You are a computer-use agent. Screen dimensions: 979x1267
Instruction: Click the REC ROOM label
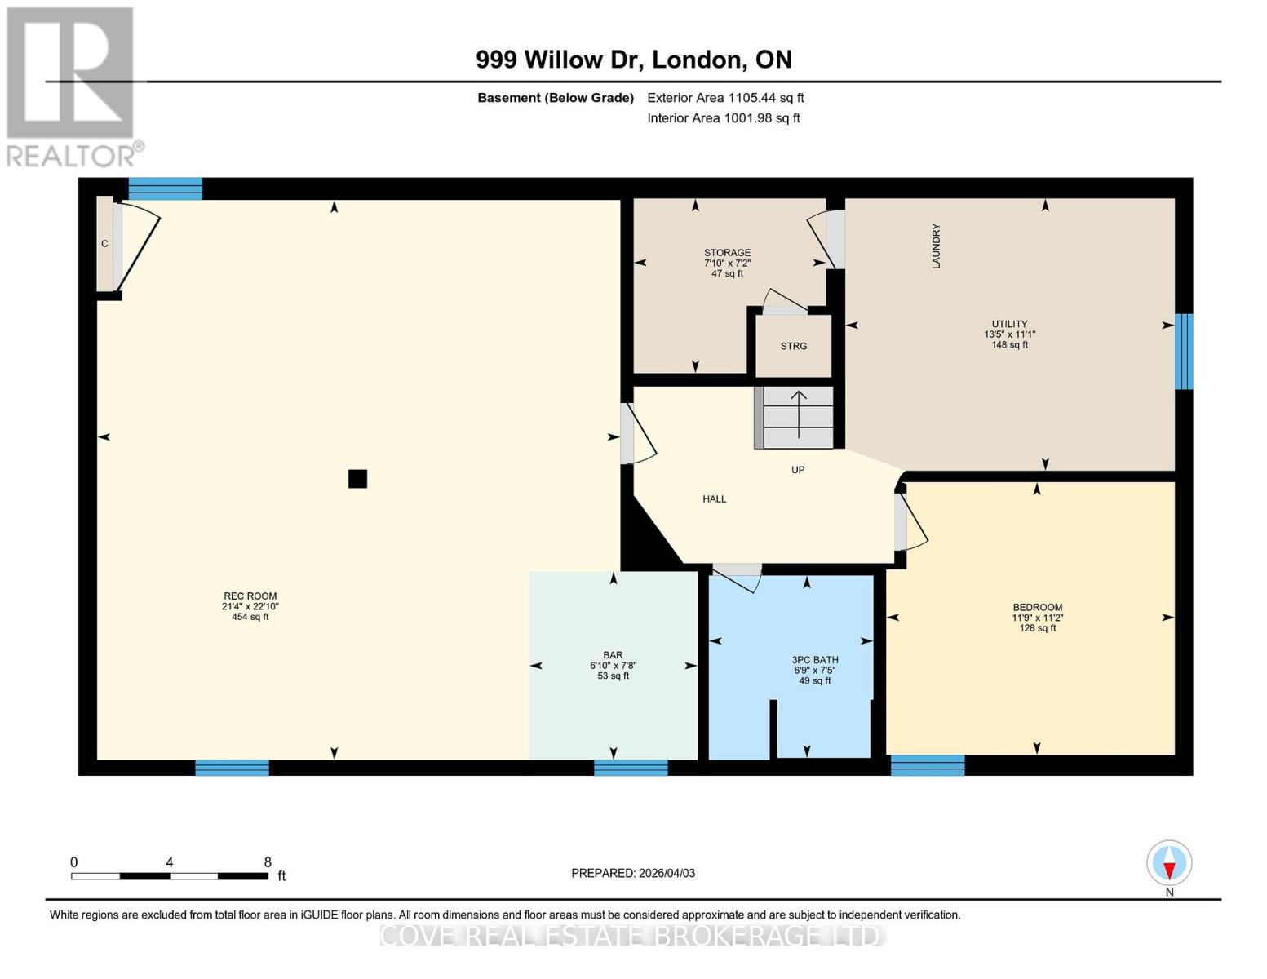pyautogui.click(x=250, y=606)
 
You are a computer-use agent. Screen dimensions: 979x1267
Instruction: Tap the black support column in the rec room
pyautogui.click(x=357, y=479)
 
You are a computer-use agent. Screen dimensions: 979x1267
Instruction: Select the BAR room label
pyautogui.click(x=613, y=665)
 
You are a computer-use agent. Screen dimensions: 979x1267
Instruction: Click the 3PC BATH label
pyautogui.click(x=814, y=670)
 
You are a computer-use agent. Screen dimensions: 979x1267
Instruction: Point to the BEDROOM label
pyautogui.click(x=1037, y=618)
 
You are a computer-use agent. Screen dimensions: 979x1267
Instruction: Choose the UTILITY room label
pyautogui.click(x=1009, y=334)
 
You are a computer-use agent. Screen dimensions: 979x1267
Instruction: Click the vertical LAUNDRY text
pyautogui.click(x=936, y=246)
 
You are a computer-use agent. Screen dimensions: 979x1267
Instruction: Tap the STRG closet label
pyautogui.click(x=793, y=346)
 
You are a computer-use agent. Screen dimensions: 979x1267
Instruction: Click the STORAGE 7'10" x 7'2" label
pyautogui.click(x=727, y=263)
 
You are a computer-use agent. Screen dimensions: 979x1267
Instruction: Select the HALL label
pyautogui.click(x=714, y=498)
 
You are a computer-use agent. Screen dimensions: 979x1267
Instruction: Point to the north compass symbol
pyautogui.click(x=1169, y=864)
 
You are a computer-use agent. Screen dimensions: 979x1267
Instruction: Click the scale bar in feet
pyautogui.click(x=170, y=876)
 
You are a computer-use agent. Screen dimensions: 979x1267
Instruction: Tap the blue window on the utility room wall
pyautogui.click(x=1183, y=352)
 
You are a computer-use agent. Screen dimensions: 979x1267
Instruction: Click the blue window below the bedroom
pyautogui.click(x=927, y=765)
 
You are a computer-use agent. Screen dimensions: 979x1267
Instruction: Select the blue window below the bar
pyautogui.click(x=631, y=767)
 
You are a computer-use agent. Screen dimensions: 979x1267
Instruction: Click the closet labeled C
pyautogui.click(x=104, y=243)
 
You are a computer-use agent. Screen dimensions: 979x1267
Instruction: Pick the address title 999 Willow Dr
pyautogui.click(x=633, y=60)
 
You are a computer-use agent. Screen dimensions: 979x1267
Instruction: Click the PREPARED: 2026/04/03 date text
pyautogui.click(x=633, y=873)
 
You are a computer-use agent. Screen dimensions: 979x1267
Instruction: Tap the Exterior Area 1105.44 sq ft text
pyautogui.click(x=725, y=97)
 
